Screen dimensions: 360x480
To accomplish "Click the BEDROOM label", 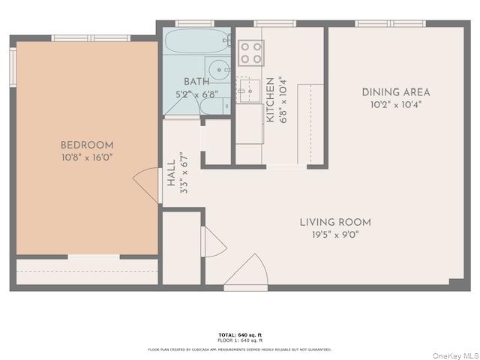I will (x=87, y=145).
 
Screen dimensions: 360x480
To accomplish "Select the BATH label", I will (x=196, y=82).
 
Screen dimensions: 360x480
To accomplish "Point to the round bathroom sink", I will (x=217, y=70).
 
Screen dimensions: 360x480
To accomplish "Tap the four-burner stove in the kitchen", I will (x=250, y=52).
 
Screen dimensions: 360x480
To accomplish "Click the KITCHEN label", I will (x=269, y=100).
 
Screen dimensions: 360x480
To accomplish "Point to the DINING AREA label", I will (x=396, y=92).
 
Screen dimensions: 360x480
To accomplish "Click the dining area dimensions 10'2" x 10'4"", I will (x=396, y=104).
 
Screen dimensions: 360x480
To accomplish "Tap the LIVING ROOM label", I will (x=335, y=222).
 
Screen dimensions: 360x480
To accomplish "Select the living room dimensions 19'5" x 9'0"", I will (x=335, y=234).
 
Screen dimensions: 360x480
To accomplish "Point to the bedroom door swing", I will (x=146, y=184).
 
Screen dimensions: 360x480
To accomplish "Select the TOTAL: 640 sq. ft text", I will (x=240, y=334).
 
